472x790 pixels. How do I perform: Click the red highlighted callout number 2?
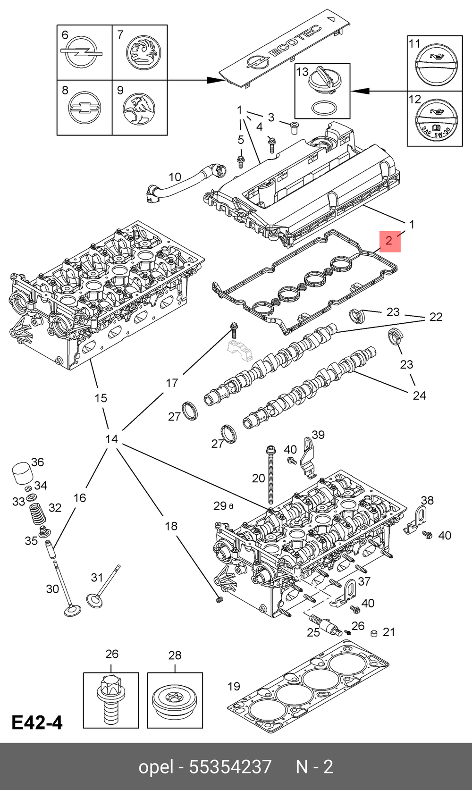coord(389,241)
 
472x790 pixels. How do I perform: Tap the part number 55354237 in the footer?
coord(230,766)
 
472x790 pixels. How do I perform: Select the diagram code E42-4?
coord(37,723)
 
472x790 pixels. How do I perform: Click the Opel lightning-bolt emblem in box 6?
coord(82,52)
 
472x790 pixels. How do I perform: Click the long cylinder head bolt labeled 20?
coord(271,474)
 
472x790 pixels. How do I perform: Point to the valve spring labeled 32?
coord(38,515)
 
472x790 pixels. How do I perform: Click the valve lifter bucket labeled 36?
coord(23,474)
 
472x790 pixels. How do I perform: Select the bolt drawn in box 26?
coord(111,698)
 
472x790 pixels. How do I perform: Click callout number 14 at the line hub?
coord(111,439)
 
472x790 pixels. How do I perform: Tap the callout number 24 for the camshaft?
coord(419,395)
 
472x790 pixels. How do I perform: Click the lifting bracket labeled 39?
coord(308,457)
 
